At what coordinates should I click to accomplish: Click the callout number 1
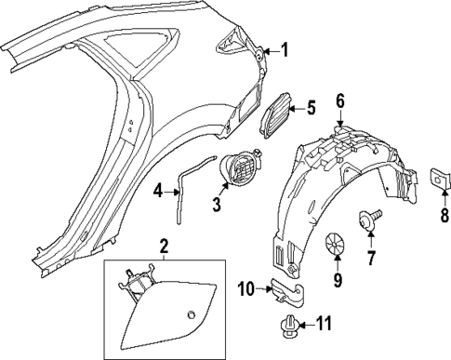(x=285, y=50)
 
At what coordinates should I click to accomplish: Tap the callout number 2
(x=164, y=247)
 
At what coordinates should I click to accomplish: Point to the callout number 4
(x=158, y=192)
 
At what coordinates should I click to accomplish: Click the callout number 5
(x=311, y=109)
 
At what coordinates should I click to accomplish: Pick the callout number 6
(x=340, y=100)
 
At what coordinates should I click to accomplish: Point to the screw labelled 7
(x=369, y=221)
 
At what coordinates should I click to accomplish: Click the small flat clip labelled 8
(x=441, y=179)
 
